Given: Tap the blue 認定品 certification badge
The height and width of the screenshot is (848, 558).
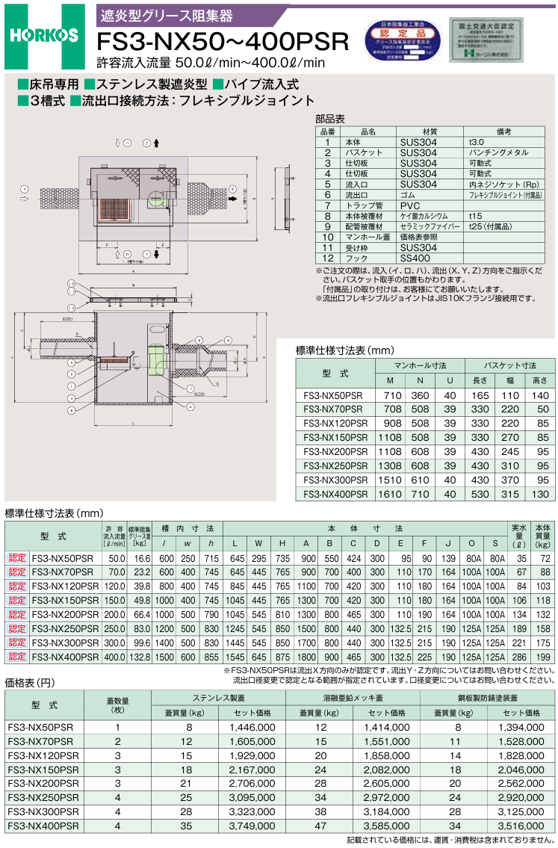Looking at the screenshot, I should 401,42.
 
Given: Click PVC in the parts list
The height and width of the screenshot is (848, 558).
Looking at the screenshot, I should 410,205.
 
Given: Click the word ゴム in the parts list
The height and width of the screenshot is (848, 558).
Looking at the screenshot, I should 408,194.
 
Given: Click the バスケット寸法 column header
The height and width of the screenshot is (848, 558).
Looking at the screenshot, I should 510,365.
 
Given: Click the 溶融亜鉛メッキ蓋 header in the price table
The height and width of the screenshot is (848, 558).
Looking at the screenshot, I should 352,697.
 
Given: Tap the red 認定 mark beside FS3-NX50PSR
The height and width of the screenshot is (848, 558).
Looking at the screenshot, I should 17,557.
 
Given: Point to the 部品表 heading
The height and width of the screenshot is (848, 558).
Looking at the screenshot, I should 329,119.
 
